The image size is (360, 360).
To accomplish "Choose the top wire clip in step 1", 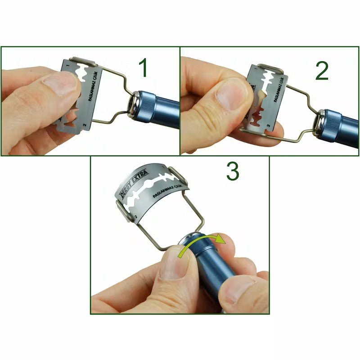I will tap(83, 61).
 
